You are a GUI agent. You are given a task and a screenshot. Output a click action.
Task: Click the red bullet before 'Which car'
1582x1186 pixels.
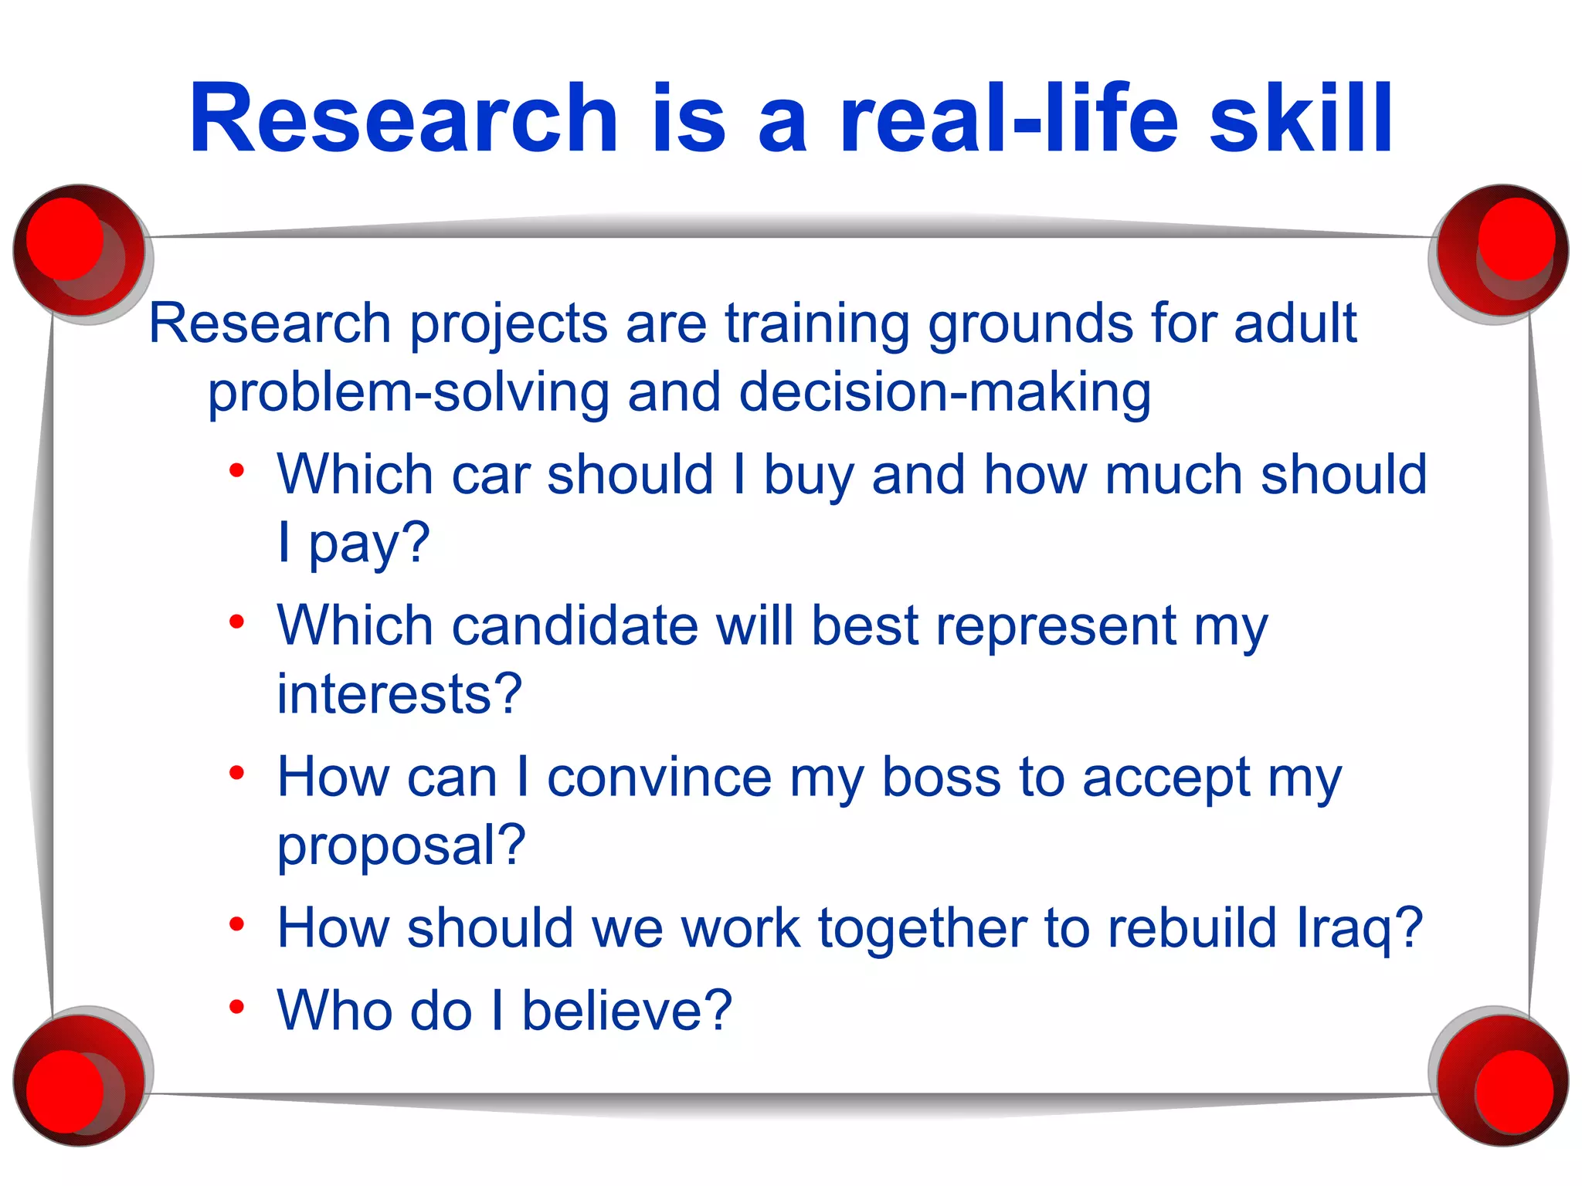click(237, 470)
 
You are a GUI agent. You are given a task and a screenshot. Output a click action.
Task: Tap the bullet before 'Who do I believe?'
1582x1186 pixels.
click(237, 1007)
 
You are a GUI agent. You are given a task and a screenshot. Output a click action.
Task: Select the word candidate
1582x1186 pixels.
click(575, 625)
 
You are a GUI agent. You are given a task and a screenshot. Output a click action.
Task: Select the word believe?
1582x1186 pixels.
click(626, 1010)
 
